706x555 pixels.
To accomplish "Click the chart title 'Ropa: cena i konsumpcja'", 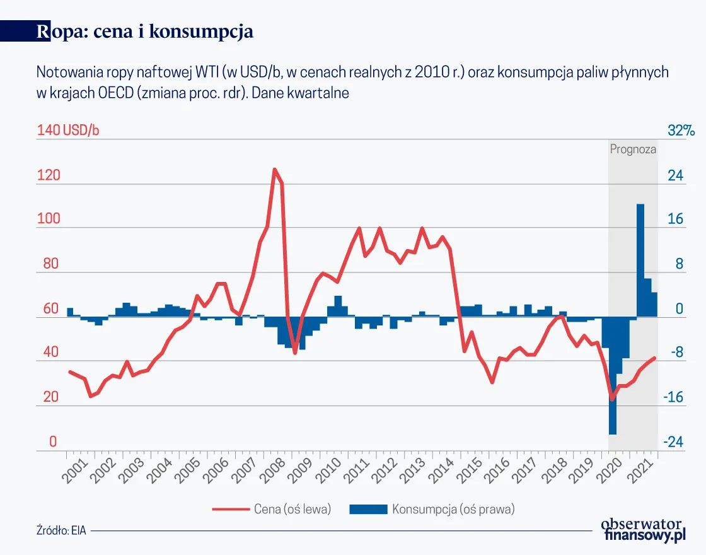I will (145, 32).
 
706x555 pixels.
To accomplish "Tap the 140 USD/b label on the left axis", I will (68, 131).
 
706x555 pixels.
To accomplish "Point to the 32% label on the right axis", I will (681, 131).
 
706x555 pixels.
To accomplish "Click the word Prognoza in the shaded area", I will (633, 150).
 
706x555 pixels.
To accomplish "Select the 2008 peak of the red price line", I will (274, 170).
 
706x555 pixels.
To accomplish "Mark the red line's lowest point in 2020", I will (611, 399).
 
